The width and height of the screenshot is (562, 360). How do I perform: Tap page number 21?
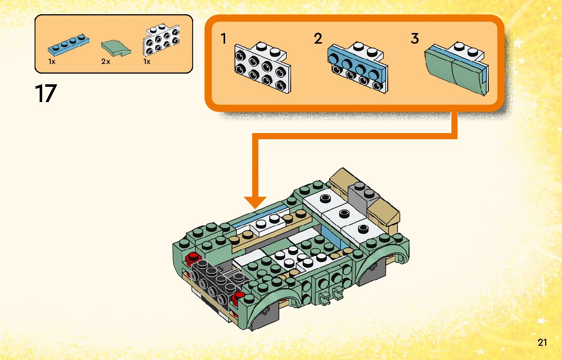(x=543, y=342)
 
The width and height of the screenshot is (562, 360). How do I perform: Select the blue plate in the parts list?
(x=69, y=44)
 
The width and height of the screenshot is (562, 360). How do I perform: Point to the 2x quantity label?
(x=106, y=61)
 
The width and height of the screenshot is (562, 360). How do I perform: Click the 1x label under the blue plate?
(x=52, y=61)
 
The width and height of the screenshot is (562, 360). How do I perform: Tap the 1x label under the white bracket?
(x=147, y=61)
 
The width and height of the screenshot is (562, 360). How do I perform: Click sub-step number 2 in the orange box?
(x=318, y=39)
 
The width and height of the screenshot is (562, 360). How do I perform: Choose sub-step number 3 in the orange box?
(x=415, y=39)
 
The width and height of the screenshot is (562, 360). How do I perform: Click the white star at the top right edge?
(x=518, y=43)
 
